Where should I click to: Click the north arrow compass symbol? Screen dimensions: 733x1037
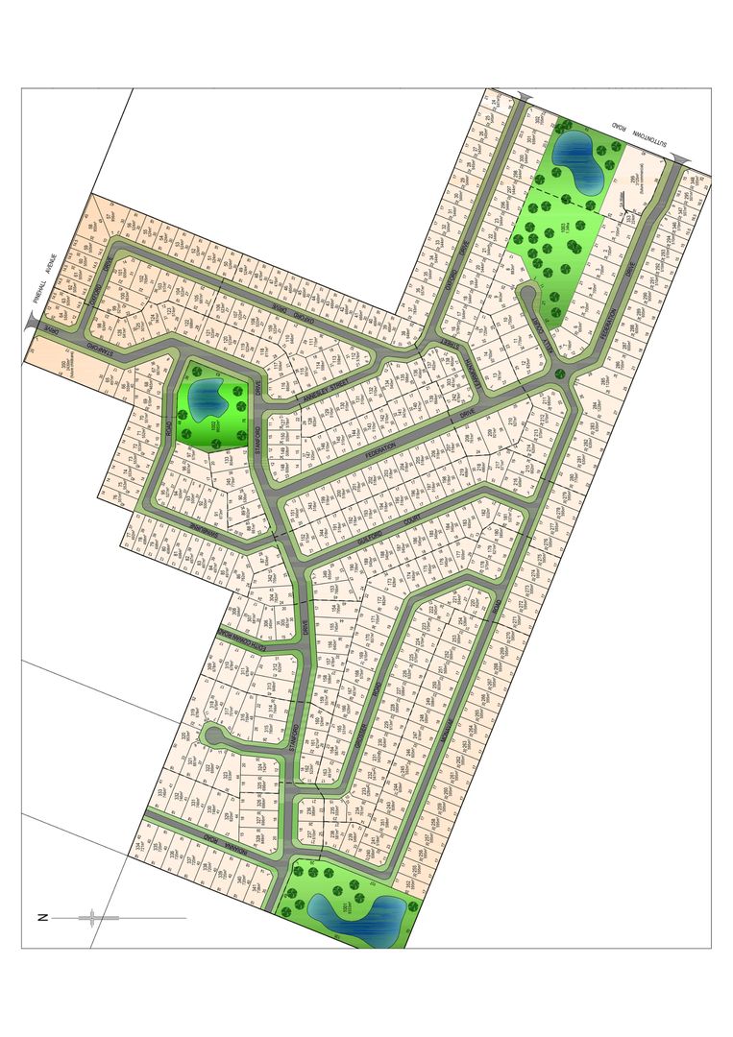(93, 918)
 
